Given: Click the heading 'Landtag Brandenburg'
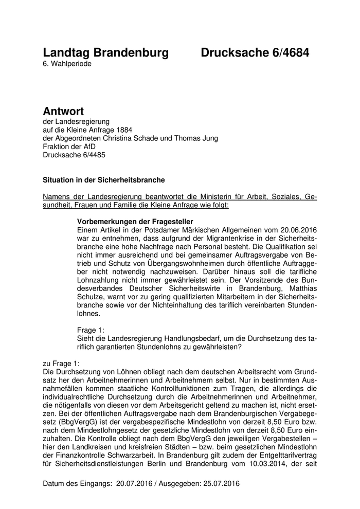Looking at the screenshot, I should click(x=105, y=52).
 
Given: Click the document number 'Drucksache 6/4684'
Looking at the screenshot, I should click(x=255, y=52).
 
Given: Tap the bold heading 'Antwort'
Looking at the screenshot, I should click(x=63, y=112).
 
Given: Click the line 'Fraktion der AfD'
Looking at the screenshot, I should click(x=69, y=146).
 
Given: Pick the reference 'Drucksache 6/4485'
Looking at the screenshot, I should click(x=75, y=154).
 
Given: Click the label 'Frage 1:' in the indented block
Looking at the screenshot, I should click(x=90, y=331).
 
